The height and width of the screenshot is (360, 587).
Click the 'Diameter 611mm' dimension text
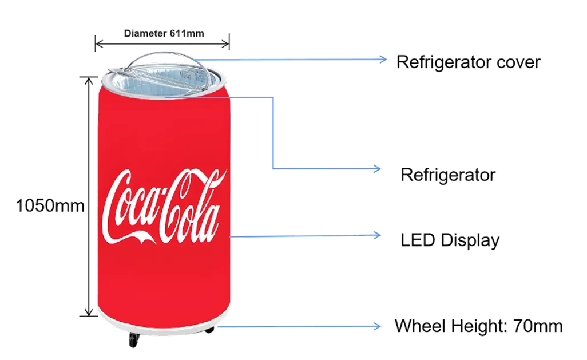(x=164, y=33)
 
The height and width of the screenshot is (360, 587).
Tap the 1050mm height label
(x=50, y=205)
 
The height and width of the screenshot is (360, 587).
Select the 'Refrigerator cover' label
(x=469, y=62)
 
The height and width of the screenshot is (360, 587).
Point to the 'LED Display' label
(x=450, y=240)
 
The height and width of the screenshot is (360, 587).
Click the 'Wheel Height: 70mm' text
(x=478, y=326)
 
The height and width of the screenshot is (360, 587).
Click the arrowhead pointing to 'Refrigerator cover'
(x=383, y=59)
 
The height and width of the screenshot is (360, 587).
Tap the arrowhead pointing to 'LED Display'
(x=377, y=235)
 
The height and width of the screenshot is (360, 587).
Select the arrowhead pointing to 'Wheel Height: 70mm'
(x=377, y=326)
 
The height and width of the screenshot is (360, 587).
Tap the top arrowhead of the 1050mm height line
(x=89, y=80)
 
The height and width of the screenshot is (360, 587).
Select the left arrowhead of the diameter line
(x=99, y=44)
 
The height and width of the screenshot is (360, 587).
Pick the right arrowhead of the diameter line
(x=225, y=44)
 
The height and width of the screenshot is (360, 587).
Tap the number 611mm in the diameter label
(x=187, y=33)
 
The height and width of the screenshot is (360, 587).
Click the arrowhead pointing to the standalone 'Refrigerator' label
(x=377, y=169)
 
